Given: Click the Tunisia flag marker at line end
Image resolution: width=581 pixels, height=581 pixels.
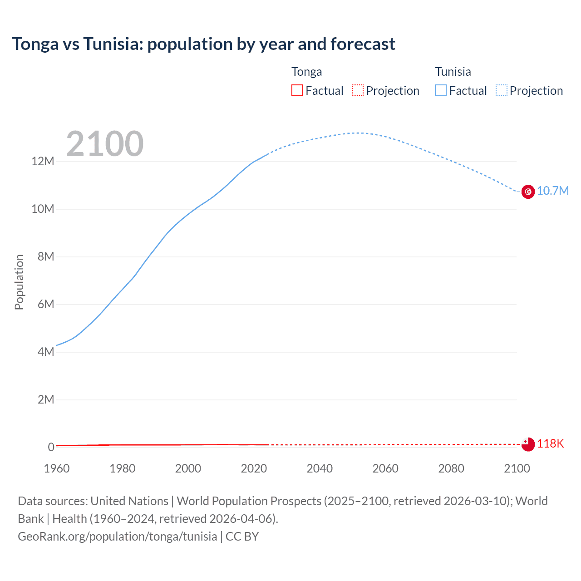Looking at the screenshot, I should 528,192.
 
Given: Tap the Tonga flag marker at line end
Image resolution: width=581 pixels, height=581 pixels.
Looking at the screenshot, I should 528,444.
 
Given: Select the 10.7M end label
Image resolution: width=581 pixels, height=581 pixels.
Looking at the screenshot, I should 552,191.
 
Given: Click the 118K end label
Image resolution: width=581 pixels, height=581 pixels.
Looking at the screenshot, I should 550,443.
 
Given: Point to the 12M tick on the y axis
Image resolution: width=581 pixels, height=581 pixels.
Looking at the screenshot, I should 43,161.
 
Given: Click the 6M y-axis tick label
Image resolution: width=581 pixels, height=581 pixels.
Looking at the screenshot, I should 46,304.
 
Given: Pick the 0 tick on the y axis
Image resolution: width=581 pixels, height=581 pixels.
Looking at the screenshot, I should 51,447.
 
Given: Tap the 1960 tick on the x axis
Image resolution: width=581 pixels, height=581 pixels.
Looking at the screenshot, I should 57,468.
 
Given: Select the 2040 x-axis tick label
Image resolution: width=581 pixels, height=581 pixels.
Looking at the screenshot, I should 320,468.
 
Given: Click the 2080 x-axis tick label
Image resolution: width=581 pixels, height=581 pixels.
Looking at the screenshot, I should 451,468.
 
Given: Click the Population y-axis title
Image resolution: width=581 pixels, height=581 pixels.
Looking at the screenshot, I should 19,282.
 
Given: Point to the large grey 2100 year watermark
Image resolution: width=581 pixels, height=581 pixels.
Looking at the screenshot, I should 105,144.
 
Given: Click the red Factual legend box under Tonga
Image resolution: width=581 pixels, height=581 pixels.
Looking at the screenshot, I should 297,90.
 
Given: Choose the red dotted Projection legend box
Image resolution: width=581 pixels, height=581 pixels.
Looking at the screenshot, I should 358,90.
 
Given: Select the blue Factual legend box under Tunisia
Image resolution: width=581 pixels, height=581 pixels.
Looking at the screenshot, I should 441,90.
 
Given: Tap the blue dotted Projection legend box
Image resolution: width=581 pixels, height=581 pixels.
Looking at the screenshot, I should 502,90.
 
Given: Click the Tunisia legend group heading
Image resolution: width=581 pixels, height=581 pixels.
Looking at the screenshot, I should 453,72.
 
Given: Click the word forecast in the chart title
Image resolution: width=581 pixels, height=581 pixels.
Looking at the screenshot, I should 363,44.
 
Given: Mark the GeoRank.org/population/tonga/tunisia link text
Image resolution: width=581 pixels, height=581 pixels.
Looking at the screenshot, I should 118,536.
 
